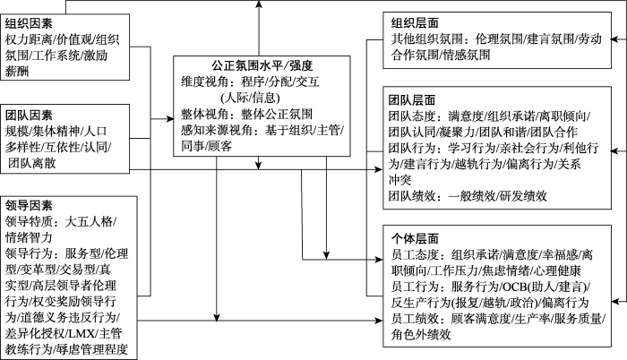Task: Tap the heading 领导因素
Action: (x=30, y=205)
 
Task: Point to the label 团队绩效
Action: (x=412, y=195)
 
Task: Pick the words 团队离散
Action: (x=37, y=164)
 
